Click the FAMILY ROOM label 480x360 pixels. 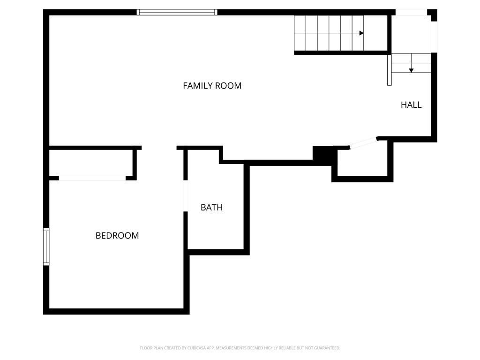(212, 86)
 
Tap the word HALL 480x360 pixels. (411, 105)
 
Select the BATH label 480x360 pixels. (211, 207)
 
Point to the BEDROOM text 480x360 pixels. (117, 236)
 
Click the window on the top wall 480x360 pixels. (177, 12)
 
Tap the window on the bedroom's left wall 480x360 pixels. (46, 247)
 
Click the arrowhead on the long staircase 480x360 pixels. (361, 33)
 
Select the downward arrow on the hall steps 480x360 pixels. (411, 70)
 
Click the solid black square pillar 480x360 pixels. (322, 155)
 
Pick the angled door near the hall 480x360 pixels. (364, 143)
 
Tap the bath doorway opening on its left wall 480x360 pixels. (186, 196)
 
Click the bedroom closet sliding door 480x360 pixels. (92, 178)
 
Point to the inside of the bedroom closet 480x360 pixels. (91, 163)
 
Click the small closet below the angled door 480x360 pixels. (362, 162)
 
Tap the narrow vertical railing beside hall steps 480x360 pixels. (389, 70)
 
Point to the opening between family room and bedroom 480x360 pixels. (159, 148)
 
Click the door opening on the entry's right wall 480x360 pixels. (434, 37)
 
